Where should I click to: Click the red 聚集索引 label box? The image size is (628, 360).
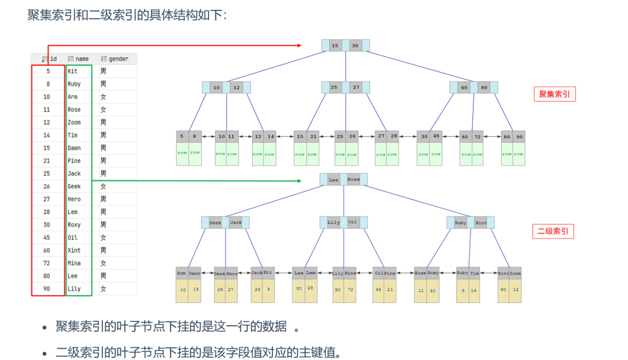[554, 94]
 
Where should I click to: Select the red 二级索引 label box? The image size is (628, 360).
[553, 232]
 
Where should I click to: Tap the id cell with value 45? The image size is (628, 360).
[47, 237]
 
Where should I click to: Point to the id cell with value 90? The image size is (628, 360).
[47, 289]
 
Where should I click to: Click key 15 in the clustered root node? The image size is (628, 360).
[335, 45]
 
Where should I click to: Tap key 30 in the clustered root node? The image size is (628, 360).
[355, 45]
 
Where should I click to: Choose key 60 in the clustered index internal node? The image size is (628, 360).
[464, 88]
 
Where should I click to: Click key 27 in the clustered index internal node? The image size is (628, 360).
[356, 88]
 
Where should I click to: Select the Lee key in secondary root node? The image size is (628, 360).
[333, 180]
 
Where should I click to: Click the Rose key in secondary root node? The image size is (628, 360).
[353, 180]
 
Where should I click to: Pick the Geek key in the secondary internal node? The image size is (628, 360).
[215, 223]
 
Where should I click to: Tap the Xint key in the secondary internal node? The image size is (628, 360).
[481, 223]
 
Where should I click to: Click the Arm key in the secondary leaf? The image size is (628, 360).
[182, 273]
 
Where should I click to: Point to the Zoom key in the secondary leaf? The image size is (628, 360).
[515, 273]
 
